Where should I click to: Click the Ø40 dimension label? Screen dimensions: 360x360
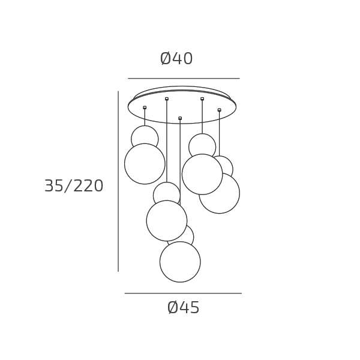(176, 59)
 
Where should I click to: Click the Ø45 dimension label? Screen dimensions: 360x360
(183, 307)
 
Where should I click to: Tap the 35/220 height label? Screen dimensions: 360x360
(74, 186)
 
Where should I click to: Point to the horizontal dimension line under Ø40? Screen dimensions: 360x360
(184, 79)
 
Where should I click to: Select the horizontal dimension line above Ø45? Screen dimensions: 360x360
(183, 293)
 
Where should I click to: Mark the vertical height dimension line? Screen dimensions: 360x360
(118, 181)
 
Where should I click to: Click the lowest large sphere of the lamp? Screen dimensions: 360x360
(180, 262)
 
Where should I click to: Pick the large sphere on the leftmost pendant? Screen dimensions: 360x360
(145, 164)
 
